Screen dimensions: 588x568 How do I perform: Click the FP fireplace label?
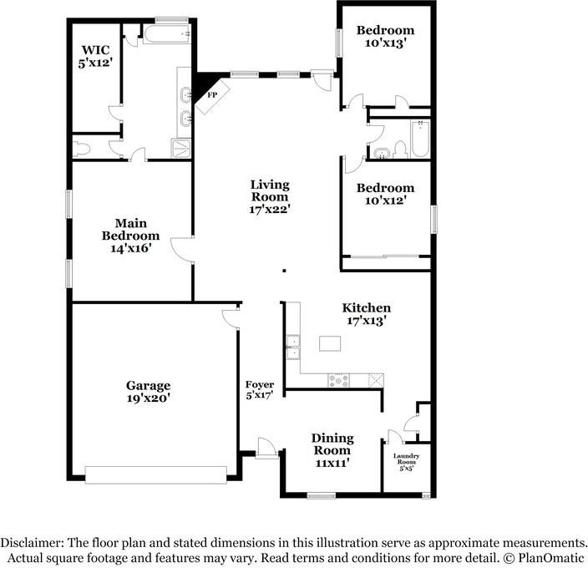[212, 95]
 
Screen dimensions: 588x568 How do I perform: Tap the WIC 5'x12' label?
[95, 56]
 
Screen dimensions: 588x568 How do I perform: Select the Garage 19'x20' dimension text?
[149, 398]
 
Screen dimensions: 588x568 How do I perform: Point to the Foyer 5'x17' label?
[260, 390]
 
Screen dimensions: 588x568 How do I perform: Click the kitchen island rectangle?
[330, 343]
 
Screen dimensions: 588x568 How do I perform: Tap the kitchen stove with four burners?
[338, 381]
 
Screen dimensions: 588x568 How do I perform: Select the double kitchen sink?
[293, 347]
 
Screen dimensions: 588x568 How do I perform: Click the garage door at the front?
[156, 475]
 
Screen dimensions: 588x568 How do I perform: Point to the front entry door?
[266, 448]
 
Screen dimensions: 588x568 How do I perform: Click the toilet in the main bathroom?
[81, 149]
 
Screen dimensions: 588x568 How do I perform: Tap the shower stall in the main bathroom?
[181, 149]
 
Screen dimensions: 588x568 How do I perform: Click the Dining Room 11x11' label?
[332, 450]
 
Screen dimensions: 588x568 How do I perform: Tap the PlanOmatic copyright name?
[552, 557]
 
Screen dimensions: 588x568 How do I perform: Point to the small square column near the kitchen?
[285, 271]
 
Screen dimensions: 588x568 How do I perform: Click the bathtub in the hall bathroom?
[420, 139]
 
